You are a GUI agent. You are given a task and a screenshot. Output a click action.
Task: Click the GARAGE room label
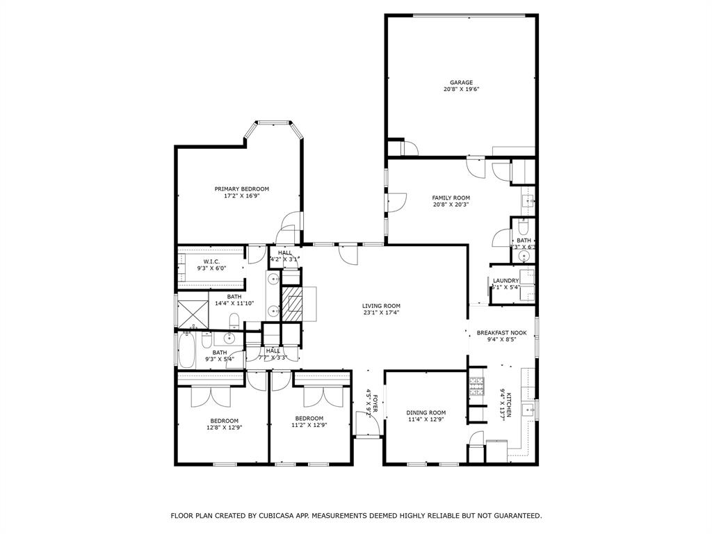(x=460, y=82)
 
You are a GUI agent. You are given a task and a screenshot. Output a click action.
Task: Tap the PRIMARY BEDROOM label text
(x=241, y=188)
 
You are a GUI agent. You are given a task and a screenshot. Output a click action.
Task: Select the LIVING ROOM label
(x=381, y=305)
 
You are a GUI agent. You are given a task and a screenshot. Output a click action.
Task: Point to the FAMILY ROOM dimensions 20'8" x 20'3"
(x=451, y=204)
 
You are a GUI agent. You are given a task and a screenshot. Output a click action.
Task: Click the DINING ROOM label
(x=426, y=412)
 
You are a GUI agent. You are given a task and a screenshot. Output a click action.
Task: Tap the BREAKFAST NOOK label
(x=501, y=333)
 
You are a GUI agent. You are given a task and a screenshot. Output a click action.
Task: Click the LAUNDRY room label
(x=505, y=281)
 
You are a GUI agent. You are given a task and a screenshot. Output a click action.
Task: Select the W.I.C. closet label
(x=212, y=261)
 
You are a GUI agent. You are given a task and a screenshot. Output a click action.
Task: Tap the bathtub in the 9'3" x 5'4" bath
(x=186, y=352)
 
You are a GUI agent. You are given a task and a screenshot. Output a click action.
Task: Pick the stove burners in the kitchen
(x=476, y=386)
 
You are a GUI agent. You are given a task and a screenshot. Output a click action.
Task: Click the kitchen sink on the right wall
(x=528, y=407)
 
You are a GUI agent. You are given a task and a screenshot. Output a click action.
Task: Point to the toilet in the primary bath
(x=235, y=321)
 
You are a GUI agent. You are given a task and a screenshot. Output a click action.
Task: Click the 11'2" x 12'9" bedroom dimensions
(x=309, y=425)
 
